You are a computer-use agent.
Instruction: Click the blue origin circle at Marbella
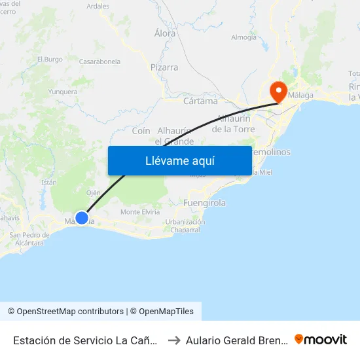click(82, 218)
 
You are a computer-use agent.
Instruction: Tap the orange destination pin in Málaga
click(279, 91)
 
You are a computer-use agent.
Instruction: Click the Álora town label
click(165, 33)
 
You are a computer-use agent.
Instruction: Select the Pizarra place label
click(164, 67)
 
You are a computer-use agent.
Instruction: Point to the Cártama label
click(200, 101)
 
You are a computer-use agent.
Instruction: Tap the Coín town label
click(141, 131)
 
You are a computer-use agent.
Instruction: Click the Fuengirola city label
click(205, 203)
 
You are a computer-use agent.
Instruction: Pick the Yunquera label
click(63, 92)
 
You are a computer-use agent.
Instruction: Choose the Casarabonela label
click(99, 62)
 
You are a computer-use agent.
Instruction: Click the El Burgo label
click(50, 59)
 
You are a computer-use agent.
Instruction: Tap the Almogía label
click(244, 37)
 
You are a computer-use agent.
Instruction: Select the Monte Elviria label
click(141, 212)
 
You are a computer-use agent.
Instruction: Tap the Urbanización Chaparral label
click(185, 226)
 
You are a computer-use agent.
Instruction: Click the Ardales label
click(98, 6)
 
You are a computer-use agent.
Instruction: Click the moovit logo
click(321, 339)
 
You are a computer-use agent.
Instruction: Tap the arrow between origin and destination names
click(174, 340)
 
